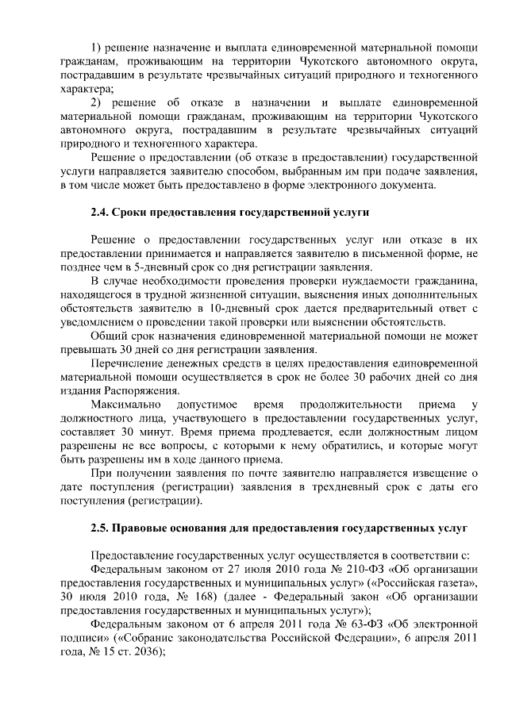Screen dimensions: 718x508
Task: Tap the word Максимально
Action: pos(129,405)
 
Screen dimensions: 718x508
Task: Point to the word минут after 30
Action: pos(169,432)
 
